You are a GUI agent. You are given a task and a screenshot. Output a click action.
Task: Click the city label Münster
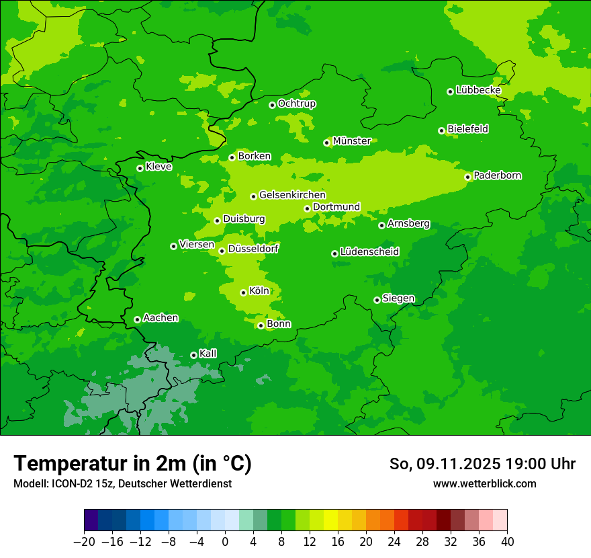(x=351, y=141)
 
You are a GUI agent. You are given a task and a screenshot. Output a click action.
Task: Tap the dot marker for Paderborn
(x=467, y=177)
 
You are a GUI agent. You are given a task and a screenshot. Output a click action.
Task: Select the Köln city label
(x=259, y=291)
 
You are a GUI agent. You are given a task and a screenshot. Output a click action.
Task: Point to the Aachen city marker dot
(x=137, y=319)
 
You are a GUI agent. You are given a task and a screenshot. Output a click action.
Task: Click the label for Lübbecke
(x=478, y=90)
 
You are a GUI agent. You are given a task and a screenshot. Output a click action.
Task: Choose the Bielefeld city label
(x=467, y=129)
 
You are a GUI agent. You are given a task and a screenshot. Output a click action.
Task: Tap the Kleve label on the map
(x=158, y=167)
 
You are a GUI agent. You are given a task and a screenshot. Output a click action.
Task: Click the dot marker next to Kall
(x=193, y=355)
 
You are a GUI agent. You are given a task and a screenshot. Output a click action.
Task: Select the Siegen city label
(x=398, y=298)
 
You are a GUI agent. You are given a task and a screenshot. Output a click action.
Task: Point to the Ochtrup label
(x=296, y=104)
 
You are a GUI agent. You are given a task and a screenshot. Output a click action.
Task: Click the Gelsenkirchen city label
(x=292, y=195)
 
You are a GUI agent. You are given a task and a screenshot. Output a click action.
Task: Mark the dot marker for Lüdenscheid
(x=334, y=253)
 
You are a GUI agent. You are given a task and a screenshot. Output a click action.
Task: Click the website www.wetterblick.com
(x=484, y=484)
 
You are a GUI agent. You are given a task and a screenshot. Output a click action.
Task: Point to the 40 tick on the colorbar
(x=507, y=542)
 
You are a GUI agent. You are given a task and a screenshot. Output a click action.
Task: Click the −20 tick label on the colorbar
(x=84, y=542)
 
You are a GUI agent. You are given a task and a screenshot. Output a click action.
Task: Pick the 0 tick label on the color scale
(x=225, y=542)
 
